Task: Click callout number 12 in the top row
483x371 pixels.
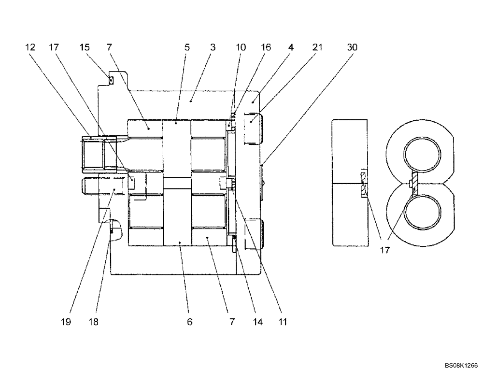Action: pyautogui.click(x=30, y=47)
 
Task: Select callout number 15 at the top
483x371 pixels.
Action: pyautogui.click(x=85, y=47)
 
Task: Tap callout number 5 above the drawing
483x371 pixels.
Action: pyautogui.click(x=187, y=47)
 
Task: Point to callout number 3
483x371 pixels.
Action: pyautogui.click(x=213, y=47)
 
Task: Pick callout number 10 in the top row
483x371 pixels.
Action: pyautogui.click(x=241, y=47)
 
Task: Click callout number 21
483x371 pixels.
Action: pyautogui.click(x=317, y=47)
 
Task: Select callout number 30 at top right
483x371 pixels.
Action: pyautogui.click(x=353, y=47)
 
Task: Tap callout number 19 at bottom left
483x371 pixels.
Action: pyautogui.click(x=66, y=322)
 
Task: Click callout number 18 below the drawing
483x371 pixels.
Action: pyautogui.click(x=93, y=322)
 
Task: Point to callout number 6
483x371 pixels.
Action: pyautogui.click(x=190, y=322)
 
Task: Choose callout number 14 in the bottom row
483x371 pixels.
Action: pyautogui.click(x=258, y=322)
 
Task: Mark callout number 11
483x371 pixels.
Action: pyautogui.click(x=283, y=322)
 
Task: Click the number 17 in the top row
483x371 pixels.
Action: pyautogui.click(x=54, y=47)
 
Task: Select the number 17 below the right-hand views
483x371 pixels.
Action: pyautogui.click(x=385, y=250)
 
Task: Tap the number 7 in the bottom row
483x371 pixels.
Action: pyautogui.click(x=232, y=322)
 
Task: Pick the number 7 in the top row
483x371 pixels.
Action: pyautogui.click(x=110, y=47)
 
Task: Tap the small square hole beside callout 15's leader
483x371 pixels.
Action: pyautogui.click(x=111, y=81)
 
